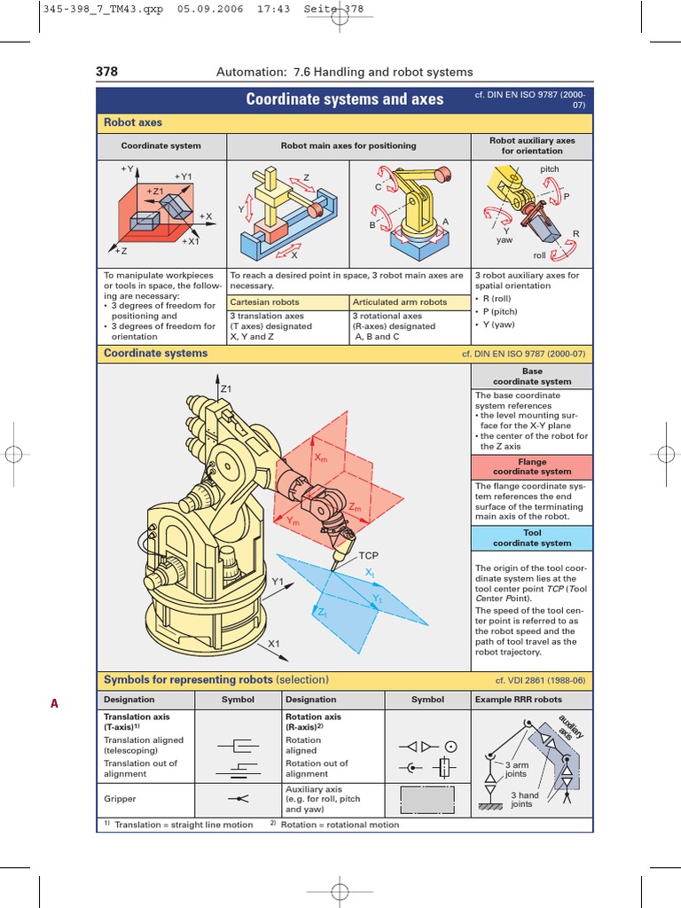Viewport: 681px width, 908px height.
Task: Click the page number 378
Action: point(106,72)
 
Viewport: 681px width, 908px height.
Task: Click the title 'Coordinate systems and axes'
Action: point(344,99)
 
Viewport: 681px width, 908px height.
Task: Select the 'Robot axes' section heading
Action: point(133,122)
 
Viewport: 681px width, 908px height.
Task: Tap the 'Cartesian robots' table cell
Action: point(263,302)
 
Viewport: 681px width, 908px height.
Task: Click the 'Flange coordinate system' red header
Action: point(531,466)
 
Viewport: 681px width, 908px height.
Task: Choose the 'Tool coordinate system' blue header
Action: point(531,538)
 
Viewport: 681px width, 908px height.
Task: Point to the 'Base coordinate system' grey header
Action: point(531,377)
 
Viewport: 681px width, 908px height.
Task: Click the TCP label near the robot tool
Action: point(368,555)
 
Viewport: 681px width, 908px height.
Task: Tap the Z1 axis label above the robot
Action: point(225,389)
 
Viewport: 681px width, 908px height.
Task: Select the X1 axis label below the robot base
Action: point(274,644)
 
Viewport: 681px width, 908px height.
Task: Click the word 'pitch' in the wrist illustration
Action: point(550,168)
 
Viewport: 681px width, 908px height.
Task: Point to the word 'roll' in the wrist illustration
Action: point(540,254)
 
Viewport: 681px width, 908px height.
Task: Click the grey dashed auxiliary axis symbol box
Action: point(427,798)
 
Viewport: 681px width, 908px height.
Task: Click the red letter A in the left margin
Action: point(54,704)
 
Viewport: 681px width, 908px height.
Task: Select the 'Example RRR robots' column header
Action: point(530,700)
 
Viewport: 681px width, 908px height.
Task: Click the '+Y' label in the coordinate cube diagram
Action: point(126,168)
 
